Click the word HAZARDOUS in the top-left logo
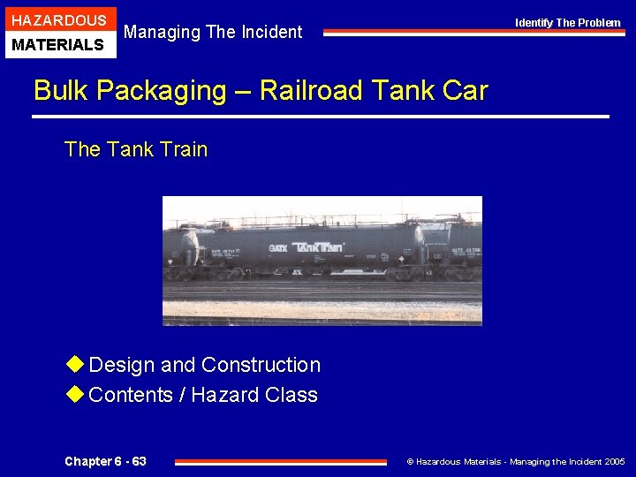point(59,19)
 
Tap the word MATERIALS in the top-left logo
point(59,44)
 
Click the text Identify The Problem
point(568,23)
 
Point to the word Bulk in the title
point(59,90)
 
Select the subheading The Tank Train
point(136,149)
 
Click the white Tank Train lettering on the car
point(318,247)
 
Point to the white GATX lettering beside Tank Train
point(278,248)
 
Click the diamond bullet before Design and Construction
point(75,364)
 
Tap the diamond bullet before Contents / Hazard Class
point(75,394)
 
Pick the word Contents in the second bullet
point(130,395)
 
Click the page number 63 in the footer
point(138,461)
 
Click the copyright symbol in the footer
point(409,461)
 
